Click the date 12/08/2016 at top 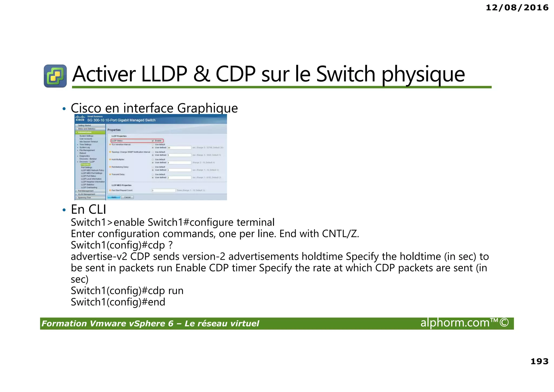[517, 8]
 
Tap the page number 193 [539, 361]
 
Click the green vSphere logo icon [55, 76]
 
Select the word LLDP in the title [164, 74]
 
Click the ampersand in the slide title [202, 74]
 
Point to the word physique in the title [423, 75]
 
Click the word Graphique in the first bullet [207, 108]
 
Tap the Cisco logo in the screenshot [80, 118]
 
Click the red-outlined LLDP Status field [137, 141]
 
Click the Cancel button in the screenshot [127, 197]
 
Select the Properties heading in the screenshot [114, 130]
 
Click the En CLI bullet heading [88, 209]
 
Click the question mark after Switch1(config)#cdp [170, 245]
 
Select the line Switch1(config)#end [118, 302]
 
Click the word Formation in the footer [64, 323]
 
